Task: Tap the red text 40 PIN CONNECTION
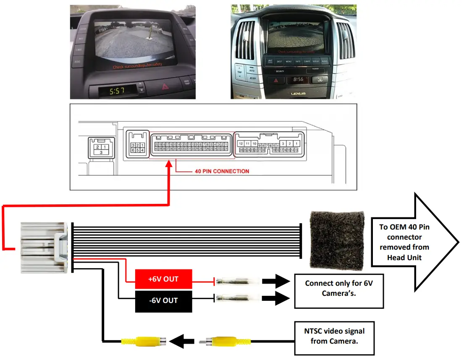pos(222,171)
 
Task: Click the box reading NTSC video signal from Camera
pos(334,336)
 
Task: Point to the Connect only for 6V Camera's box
pos(338,288)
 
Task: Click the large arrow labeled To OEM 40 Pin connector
pos(414,242)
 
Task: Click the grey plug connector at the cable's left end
pos(43,248)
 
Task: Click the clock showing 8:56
pos(298,79)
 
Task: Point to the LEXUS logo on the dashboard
pos(298,94)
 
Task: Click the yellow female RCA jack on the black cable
pos(144,342)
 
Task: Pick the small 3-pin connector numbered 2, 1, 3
pos(100,149)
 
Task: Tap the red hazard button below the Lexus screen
pos(277,80)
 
